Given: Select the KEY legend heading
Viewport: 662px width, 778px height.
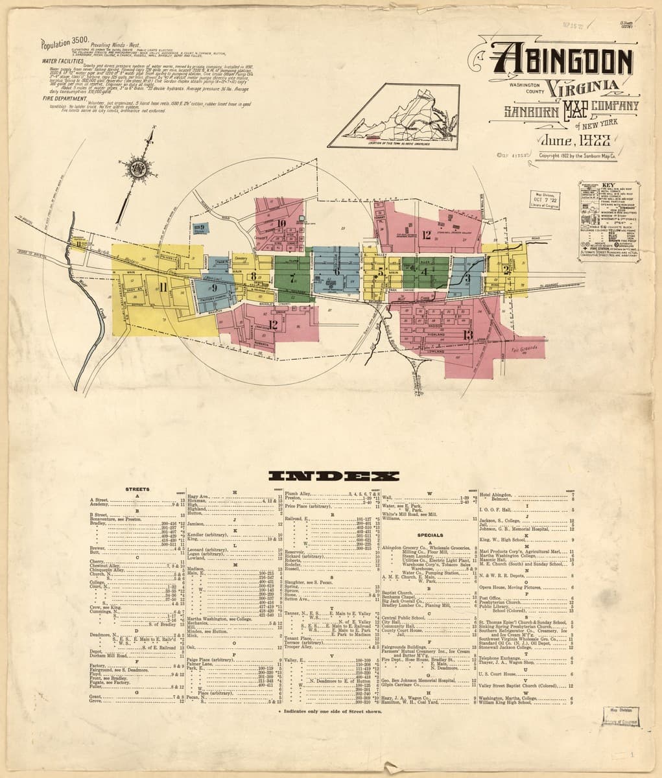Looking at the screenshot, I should click(x=607, y=184).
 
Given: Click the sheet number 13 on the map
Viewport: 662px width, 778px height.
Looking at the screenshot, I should click(x=468, y=335).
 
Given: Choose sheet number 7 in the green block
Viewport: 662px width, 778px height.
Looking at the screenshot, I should click(x=293, y=279).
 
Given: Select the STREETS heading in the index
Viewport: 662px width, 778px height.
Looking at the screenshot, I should click(x=138, y=489).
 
